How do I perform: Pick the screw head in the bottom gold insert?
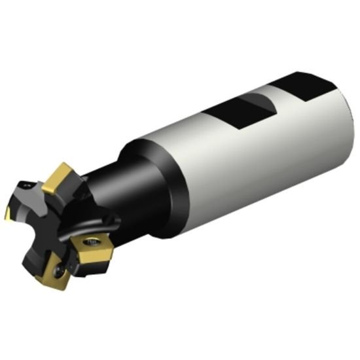point(58,268)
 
